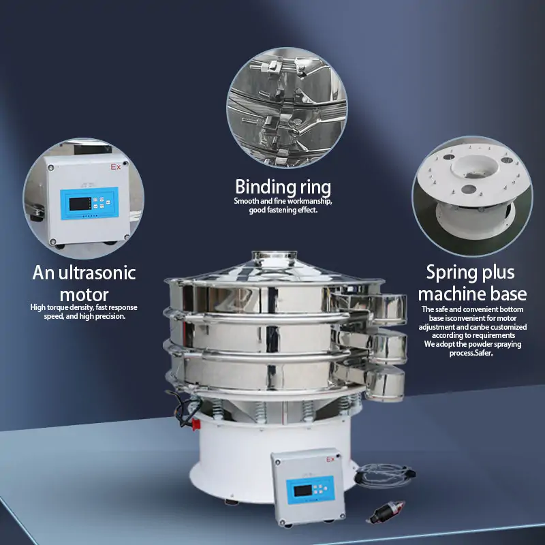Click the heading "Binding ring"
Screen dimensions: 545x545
click(283, 187)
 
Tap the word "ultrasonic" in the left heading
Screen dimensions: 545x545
click(97, 274)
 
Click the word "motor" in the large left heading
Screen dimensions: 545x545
click(84, 295)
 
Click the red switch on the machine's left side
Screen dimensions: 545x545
click(196, 424)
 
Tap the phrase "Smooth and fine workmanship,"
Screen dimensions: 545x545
click(283, 202)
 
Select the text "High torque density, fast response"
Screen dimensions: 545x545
click(84, 307)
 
